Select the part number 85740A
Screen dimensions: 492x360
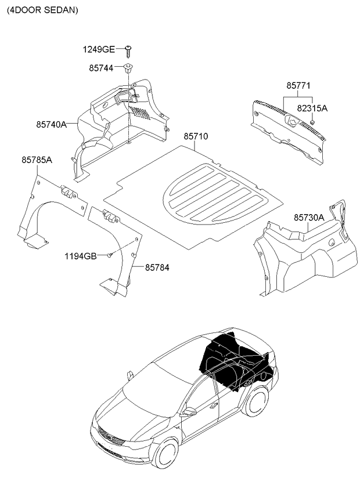click(x=51, y=124)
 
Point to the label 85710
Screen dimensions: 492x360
click(x=196, y=136)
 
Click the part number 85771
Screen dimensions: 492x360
click(x=298, y=85)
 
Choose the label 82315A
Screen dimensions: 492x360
click(x=312, y=108)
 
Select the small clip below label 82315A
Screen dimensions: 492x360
click(x=312, y=122)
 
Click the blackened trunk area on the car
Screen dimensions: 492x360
click(x=232, y=360)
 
